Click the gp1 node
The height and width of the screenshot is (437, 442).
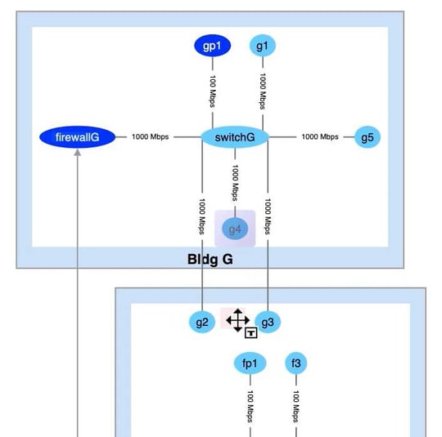pos(212,47)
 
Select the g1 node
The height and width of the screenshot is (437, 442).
pos(262,47)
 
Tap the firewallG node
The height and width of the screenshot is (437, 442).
pos(77,137)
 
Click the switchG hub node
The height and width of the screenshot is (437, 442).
pos(235,137)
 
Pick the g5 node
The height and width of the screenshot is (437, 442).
pos(367,137)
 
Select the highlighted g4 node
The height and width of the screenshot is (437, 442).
pos(236,230)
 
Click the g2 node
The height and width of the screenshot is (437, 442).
pos(202,323)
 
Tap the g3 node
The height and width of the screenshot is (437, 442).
pos(268,323)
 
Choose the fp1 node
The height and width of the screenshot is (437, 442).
pos(250,363)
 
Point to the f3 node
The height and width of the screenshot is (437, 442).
pos(296,363)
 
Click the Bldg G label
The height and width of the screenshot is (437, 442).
pos(210,260)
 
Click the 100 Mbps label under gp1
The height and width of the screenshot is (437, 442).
pos(212,91)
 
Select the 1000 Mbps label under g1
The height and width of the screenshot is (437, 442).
pos(263,91)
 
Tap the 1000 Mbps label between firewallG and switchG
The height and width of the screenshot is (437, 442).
pos(150,137)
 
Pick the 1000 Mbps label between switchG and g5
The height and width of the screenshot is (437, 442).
pos(319,137)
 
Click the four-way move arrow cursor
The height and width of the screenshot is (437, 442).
pos(237,320)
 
